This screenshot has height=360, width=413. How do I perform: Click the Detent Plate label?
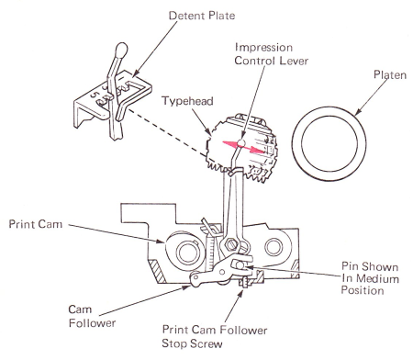pos(202,16)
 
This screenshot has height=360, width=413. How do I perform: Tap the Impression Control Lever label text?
pos(272,54)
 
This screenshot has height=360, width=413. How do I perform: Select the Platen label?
pos(390,75)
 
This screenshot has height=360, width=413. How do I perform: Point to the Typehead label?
pos(187,101)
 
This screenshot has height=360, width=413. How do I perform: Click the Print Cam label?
pos(36,224)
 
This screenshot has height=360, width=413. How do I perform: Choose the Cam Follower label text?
pos(92,316)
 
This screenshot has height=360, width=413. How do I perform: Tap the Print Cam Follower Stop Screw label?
pos(215,336)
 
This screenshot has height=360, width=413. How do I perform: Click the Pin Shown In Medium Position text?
pos(370,278)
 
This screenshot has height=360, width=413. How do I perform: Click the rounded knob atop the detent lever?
pos(121,50)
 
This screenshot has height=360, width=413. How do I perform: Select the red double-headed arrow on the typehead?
pos(243,147)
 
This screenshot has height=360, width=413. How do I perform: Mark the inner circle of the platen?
pos(329,144)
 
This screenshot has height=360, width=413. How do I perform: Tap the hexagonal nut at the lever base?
pos(231,244)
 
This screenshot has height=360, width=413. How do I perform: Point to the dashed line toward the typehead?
pos(166,132)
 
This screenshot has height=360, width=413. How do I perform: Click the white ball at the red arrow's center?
pos(241,142)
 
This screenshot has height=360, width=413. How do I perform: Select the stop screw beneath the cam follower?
pos(244,282)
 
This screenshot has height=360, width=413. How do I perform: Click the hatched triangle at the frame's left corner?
pos(158,271)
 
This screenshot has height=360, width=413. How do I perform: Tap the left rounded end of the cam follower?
pos(195,278)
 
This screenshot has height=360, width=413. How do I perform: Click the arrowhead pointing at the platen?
pos(358,112)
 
